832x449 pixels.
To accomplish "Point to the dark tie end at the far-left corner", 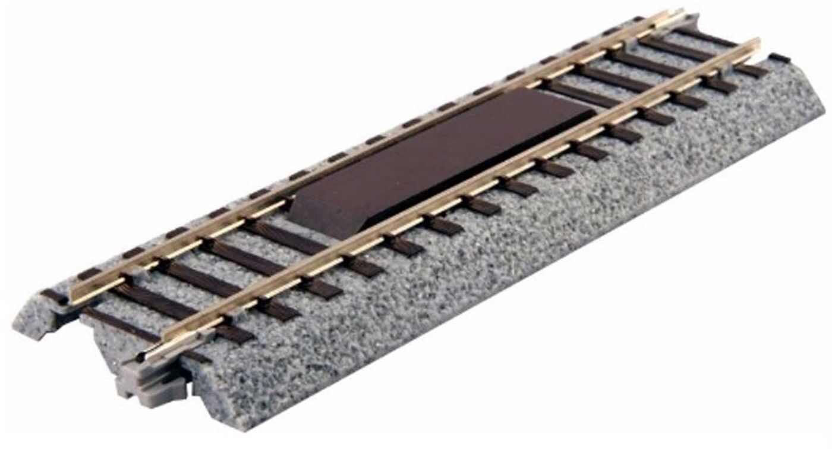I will pos(51,296).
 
